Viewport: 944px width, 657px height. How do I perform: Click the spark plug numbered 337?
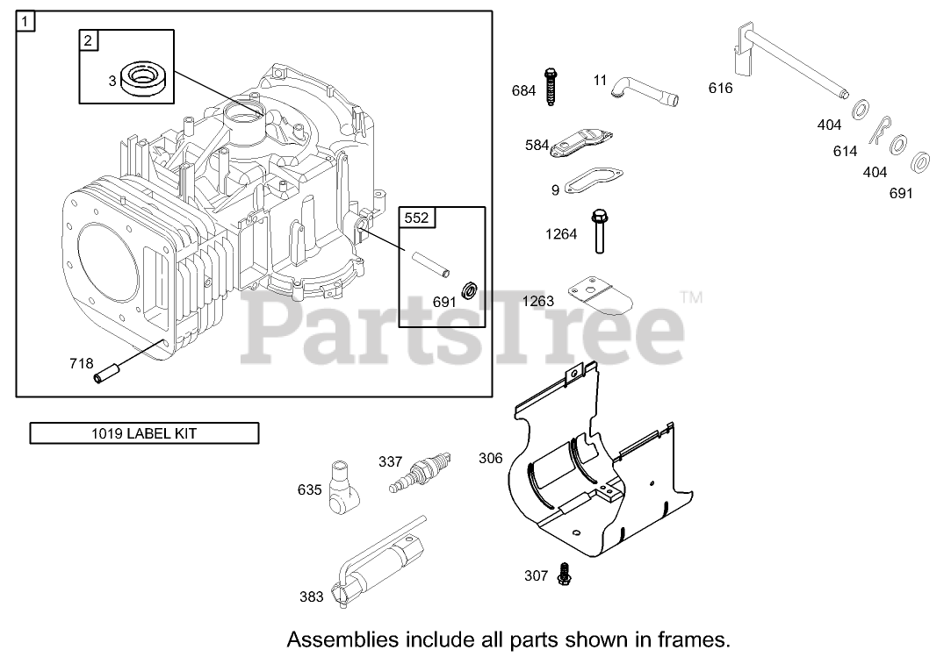tap(420, 471)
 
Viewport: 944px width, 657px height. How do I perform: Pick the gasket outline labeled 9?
tap(593, 182)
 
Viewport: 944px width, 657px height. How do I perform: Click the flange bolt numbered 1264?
tap(600, 231)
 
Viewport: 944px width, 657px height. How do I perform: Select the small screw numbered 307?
tap(564, 575)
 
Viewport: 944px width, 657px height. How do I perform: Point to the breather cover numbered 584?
tap(581, 145)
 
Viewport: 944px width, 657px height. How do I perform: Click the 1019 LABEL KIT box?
tap(144, 432)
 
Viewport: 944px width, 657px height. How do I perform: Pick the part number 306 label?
tap(491, 458)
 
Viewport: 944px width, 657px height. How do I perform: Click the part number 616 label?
tap(720, 88)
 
